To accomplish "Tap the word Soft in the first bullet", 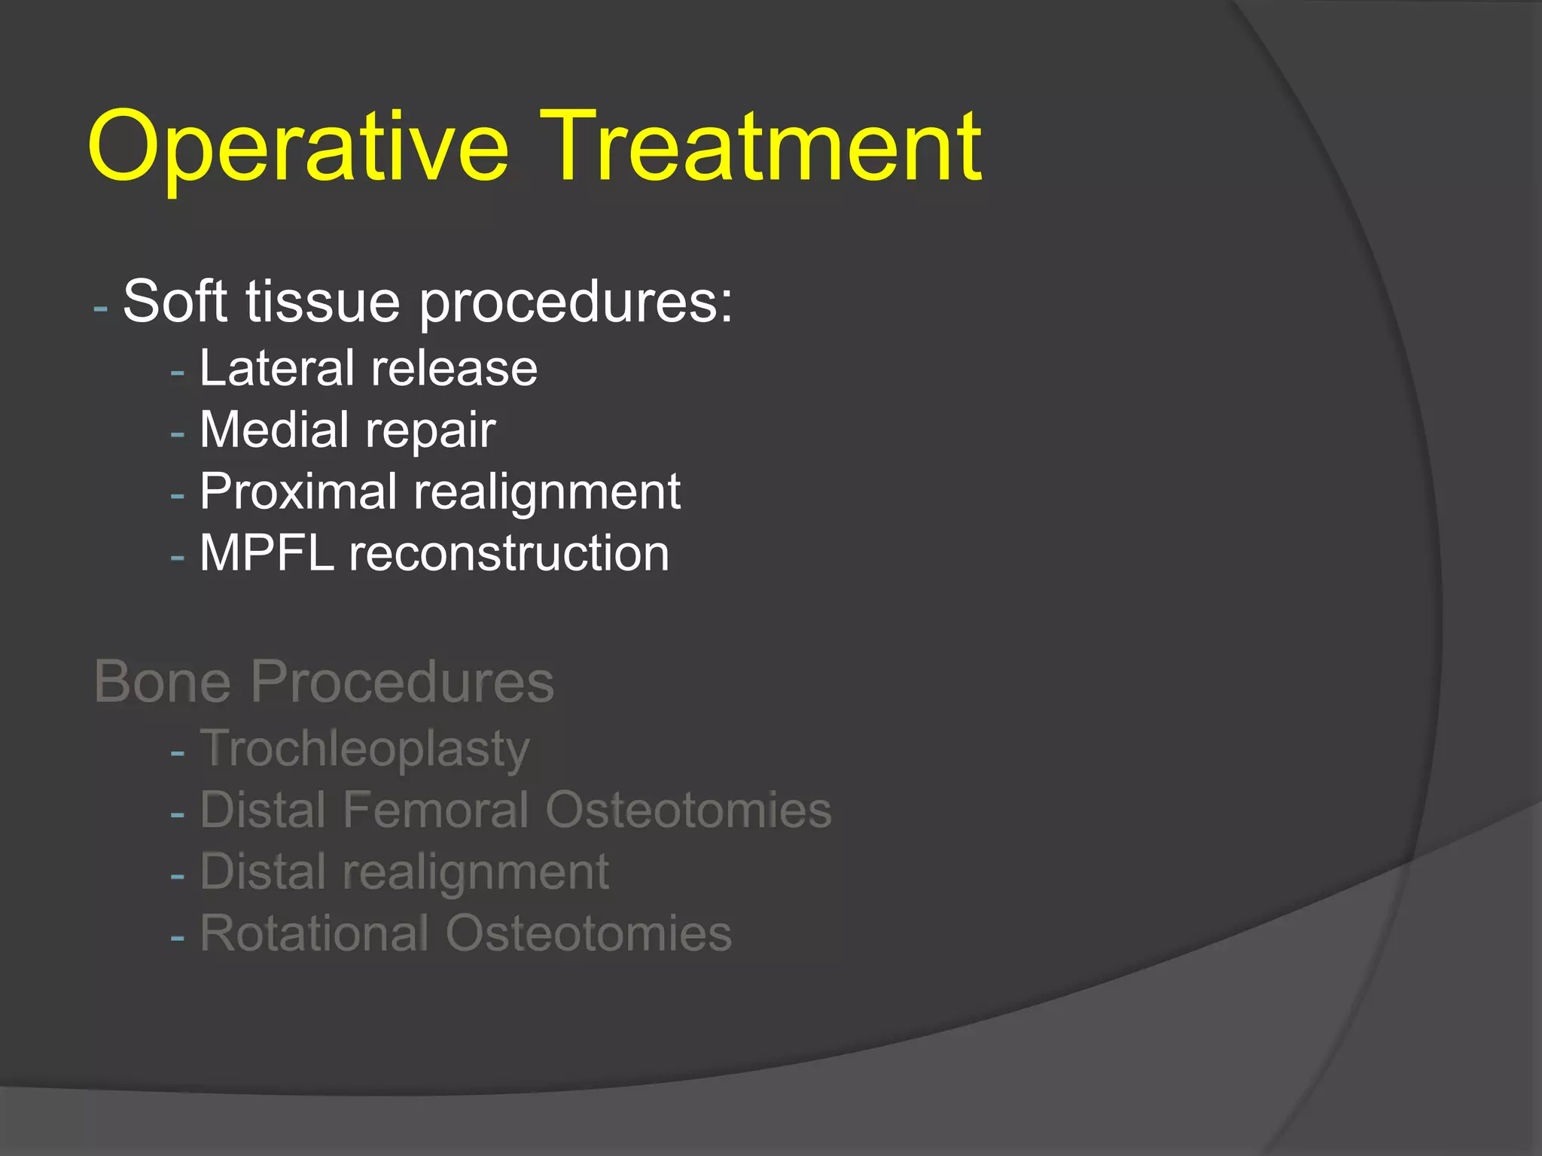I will point(175,301).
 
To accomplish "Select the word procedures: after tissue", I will point(576,303).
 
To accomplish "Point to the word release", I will point(454,368).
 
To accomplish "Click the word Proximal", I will point(298,492).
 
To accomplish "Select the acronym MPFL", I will point(267,553).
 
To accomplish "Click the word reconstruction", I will point(509,553).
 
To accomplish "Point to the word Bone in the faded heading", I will point(163,681).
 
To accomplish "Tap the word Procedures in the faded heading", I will point(402,681).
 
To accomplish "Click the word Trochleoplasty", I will point(365,750).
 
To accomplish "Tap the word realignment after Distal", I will point(475,873).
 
